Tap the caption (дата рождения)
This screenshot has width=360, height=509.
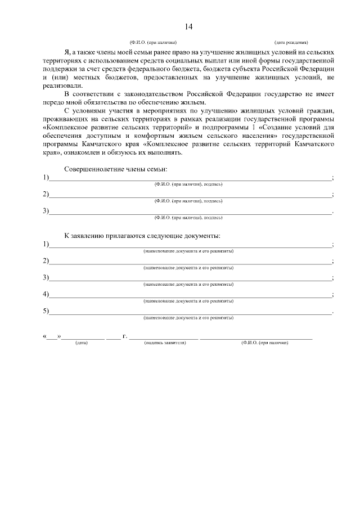point(290,42)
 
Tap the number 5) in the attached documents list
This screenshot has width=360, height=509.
point(46,311)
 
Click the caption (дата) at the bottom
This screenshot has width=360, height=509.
point(82,343)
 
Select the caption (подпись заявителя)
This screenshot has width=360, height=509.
point(164,343)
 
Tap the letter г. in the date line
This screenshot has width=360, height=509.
point(124,336)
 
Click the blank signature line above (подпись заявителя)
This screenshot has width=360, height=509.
point(164,338)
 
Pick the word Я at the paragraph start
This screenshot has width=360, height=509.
point(67,51)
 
